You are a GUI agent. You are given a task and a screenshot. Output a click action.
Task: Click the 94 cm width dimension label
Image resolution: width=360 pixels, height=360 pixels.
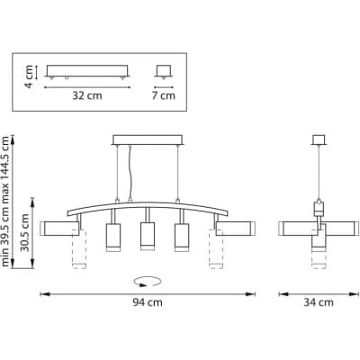click(x=148, y=302)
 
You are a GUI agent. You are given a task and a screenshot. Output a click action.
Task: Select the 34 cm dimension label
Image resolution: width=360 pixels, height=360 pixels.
click(x=319, y=302)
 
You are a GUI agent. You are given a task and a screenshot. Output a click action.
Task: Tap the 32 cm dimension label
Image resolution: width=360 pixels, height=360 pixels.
click(x=87, y=95)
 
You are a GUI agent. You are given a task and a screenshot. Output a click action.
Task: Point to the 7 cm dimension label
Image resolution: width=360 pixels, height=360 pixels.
click(x=164, y=95)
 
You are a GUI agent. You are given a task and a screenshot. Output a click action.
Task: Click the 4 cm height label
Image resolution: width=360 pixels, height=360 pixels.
click(x=29, y=76)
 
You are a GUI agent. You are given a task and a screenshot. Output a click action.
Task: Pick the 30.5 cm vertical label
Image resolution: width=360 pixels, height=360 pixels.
click(x=26, y=233)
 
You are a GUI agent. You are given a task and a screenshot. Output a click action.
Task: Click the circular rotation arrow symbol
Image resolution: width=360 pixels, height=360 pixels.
click(x=148, y=282)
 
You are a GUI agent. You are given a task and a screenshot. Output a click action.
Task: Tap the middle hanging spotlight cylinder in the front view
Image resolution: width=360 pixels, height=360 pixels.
click(x=148, y=236)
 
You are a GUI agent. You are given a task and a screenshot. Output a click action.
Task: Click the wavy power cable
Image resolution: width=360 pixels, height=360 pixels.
click(x=130, y=172)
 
